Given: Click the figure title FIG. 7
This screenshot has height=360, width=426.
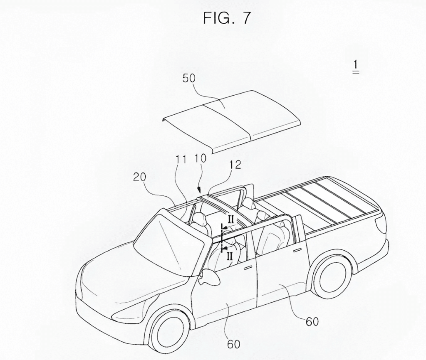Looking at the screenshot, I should click(x=227, y=18).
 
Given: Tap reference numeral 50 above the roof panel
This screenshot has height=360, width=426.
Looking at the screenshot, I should click(x=189, y=79).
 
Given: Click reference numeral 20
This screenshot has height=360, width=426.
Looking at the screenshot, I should click(x=140, y=177).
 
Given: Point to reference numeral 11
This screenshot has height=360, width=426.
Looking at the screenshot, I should click(x=180, y=160).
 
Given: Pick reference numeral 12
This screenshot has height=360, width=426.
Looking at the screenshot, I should click(x=235, y=165).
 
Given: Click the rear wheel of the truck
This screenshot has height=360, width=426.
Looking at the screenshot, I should click(x=331, y=275).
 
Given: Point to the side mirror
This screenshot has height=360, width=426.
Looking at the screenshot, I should click(x=211, y=277).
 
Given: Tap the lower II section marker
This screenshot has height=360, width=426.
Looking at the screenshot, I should click(x=230, y=256).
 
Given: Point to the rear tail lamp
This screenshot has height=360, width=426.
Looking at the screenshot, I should click(x=380, y=224).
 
